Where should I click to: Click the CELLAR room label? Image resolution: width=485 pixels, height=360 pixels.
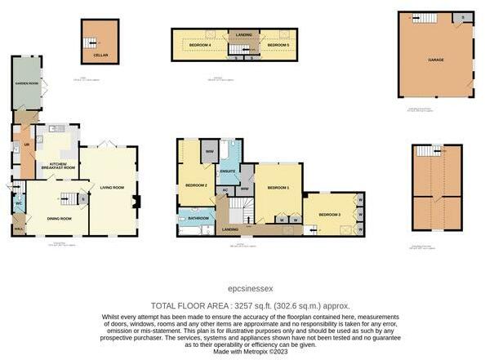pos(100,56)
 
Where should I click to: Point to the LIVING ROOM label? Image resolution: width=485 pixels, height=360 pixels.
pos(112,188)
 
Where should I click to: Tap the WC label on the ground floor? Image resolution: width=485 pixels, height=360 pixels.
pos(18,203)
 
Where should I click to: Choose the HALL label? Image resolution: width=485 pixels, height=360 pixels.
pos(18,229)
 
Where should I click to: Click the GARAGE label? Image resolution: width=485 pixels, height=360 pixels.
pos(436,59)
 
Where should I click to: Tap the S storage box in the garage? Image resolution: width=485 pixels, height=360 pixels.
pos(463,17)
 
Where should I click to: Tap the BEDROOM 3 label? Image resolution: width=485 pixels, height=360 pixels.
pos(329,214)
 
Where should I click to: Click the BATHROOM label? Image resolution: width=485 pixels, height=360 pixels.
pos(198,218)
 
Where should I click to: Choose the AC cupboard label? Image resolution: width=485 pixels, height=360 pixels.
pos(225,189)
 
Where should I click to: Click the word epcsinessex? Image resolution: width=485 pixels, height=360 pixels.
pos(243,288)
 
